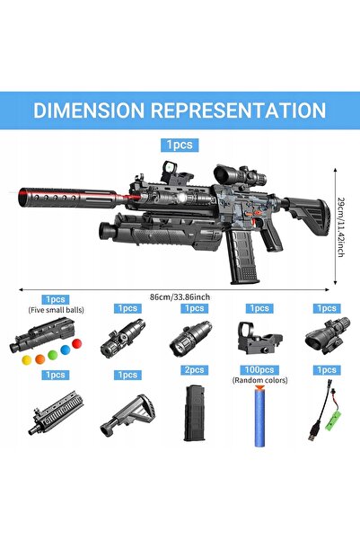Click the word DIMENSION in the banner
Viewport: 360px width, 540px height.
(89, 111)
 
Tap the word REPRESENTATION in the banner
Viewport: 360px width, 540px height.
(238, 111)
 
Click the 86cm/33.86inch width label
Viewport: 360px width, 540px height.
(180, 297)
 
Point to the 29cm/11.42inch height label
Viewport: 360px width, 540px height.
(340, 226)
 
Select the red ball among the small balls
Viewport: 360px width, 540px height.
(77, 343)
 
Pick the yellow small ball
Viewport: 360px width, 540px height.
(27, 360)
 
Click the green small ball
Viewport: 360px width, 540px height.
(53, 355)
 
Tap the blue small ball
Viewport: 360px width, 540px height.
(65, 350)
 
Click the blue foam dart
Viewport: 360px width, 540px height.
(260, 416)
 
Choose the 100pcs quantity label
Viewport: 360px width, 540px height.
(259, 370)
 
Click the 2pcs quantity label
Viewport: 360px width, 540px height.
(195, 370)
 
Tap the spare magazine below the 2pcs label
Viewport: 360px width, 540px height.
(195, 413)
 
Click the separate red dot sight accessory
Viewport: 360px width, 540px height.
(259, 338)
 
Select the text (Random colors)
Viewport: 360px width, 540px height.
(259, 380)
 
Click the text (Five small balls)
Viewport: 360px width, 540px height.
(56, 310)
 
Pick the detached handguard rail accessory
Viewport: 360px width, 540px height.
(56, 412)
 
